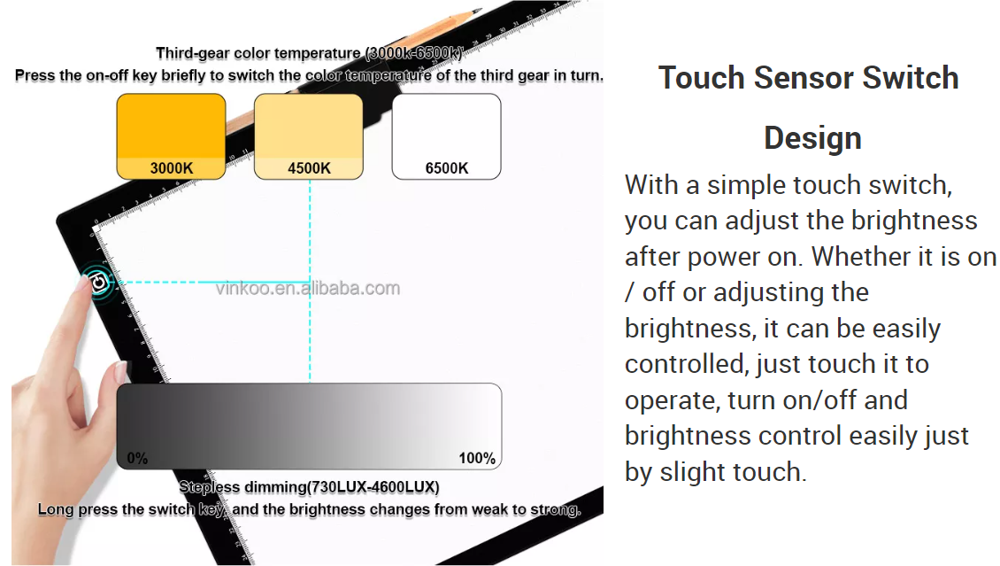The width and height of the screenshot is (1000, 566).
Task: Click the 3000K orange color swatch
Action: [x=171, y=136]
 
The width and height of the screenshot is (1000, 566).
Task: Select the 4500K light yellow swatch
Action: [x=309, y=136]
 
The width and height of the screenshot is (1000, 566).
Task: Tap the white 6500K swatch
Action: [x=446, y=136]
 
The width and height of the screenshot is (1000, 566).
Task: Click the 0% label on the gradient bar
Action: [x=137, y=458]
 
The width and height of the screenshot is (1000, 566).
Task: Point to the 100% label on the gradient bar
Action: [x=477, y=458]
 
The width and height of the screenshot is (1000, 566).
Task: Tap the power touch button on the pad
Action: [x=99, y=282]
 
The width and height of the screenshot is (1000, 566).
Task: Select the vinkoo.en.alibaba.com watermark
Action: [x=308, y=289]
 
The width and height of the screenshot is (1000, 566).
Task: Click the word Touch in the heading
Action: [x=702, y=78]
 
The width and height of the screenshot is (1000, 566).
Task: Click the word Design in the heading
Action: [x=812, y=138]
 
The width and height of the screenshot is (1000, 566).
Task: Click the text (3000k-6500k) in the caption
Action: [x=413, y=53]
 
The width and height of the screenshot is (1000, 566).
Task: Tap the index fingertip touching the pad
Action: [x=82, y=283]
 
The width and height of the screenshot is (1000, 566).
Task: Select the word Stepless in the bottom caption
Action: [x=209, y=487]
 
